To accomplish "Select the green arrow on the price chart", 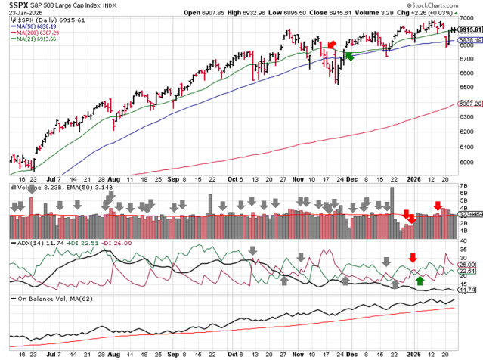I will pyautogui.click(x=348, y=55).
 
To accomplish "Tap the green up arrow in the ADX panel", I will pyautogui.click(x=420, y=281).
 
